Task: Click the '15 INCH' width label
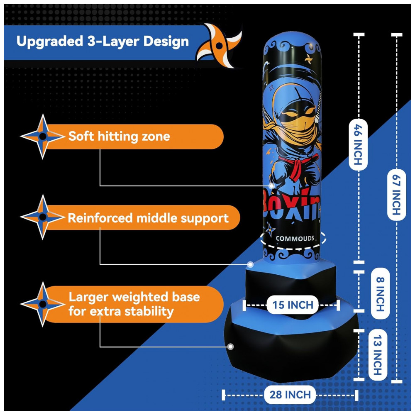pyautogui.click(x=293, y=305)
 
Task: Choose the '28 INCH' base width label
pyautogui.click(x=290, y=395)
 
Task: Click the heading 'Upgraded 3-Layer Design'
pyautogui.click(x=103, y=41)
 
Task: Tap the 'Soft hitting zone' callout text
pyautogui.click(x=119, y=136)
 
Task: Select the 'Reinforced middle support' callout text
pyautogui.click(x=148, y=218)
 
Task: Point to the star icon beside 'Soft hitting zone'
pyautogui.click(x=42, y=136)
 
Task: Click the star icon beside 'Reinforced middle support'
pyautogui.click(x=42, y=217)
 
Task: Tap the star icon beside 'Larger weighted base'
pyautogui.click(x=42, y=304)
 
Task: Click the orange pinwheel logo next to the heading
pyautogui.click(x=219, y=46)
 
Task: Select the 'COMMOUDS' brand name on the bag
pyautogui.click(x=295, y=239)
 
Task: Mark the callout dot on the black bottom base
pyautogui.click(x=230, y=346)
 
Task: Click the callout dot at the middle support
pyautogui.click(x=250, y=264)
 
